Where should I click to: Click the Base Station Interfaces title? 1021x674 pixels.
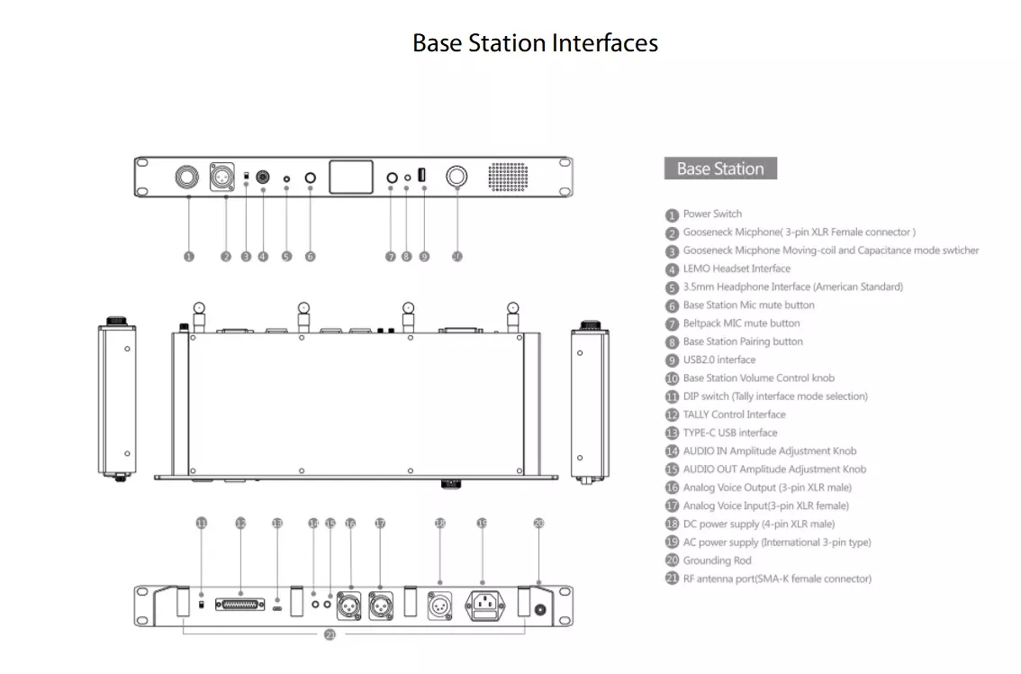535,43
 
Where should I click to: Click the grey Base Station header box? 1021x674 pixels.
720,168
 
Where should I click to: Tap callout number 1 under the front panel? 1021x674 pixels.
189,256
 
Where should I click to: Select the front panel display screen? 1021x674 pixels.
351,178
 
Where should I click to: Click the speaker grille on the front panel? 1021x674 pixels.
509,178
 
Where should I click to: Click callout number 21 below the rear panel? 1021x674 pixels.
330,635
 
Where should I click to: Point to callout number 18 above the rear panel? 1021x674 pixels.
440,523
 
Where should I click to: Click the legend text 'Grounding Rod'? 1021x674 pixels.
717,560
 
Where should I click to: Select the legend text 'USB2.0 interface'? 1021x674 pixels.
718,360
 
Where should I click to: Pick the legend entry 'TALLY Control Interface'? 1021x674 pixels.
734,414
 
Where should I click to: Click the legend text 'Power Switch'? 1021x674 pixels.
712,214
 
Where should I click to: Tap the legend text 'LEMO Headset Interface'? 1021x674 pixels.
736,269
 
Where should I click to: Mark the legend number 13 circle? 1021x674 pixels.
672,433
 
